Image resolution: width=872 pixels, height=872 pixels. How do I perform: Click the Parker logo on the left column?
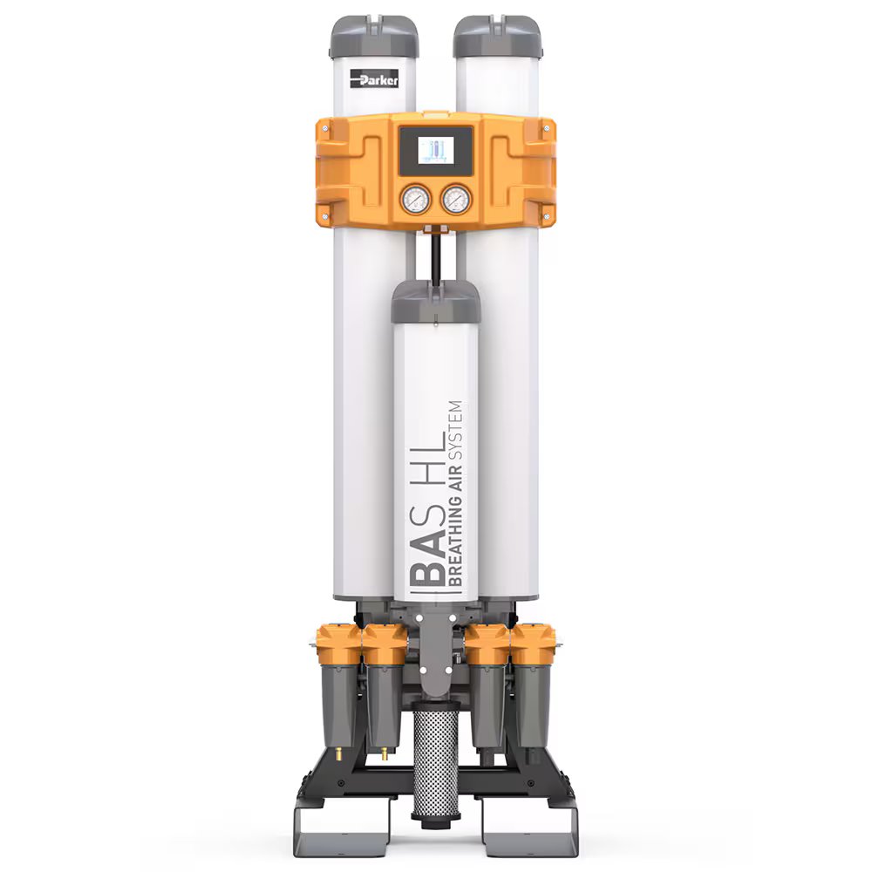pyautogui.click(x=374, y=80)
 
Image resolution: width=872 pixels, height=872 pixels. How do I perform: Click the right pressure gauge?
pyautogui.click(x=456, y=200)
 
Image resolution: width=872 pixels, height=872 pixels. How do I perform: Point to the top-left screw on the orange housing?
pyautogui.click(x=325, y=129)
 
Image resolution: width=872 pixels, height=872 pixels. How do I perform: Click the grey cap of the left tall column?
pyautogui.click(x=374, y=36)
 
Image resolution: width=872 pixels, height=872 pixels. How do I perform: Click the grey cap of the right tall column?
pyautogui.click(x=497, y=36)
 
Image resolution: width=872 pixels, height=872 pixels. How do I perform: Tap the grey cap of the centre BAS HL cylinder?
pyautogui.click(x=436, y=303)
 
